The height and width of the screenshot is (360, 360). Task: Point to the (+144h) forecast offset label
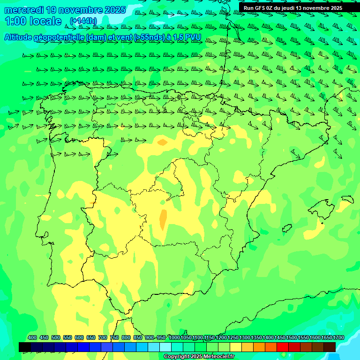pyautogui.click(x=83, y=21)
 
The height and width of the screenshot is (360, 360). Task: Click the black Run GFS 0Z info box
pyautogui.click(x=292, y=8)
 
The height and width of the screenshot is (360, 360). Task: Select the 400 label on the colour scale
pyautogui.click(x=32, y=337)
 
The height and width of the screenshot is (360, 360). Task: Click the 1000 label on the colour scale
pyautogui.click(x=174, y=337)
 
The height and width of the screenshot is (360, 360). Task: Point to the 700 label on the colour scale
pyautogui.click(x=103, y=337)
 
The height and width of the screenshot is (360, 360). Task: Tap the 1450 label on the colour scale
pyautogui.click(x=280, y=337)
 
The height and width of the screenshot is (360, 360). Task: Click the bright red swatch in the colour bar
pyautogui.click(x=283, y=347)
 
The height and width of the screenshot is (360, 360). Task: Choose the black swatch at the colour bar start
pyautogui.click(x=25, y=347)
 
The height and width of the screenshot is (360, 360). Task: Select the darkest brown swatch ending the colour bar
pyautogui.click(x=330, y=347)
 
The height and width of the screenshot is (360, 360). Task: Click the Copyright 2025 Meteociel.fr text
pyautogui.click(x=199, y=357)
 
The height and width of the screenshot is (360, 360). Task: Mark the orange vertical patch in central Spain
pyautogui.click(x=163, y=219)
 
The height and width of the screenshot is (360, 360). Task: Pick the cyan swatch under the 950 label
pyautogui.click(x=165, y=347)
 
